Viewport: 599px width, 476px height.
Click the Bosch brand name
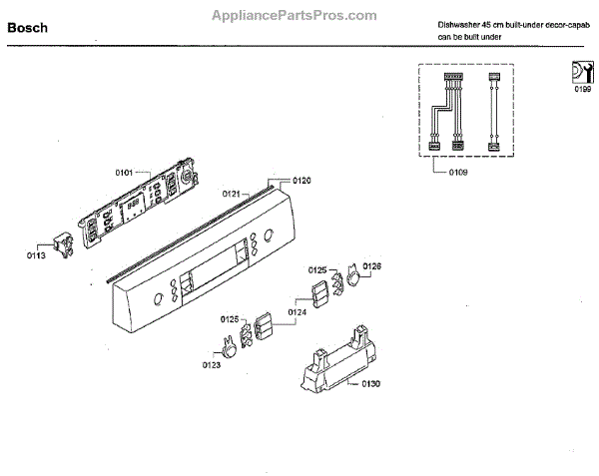[30, 29]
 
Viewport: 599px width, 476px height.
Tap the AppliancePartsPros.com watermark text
[296, 15]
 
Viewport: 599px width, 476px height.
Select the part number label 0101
[124, 173]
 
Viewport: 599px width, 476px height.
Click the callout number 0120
[302, 181]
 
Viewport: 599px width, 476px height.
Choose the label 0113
[35, 255]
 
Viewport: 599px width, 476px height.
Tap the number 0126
[372, 265]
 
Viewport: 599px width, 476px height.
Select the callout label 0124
[298, 312]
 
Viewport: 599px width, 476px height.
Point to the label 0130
[370, 383]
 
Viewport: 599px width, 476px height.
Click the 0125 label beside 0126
[317, 268]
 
